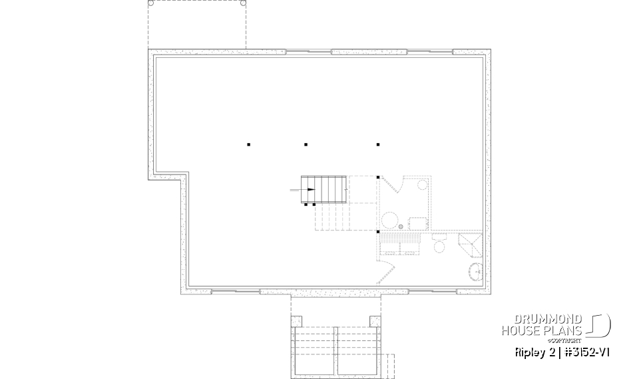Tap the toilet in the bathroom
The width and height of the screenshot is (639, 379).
[439, 247]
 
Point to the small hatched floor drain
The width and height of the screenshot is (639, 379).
[401, 227]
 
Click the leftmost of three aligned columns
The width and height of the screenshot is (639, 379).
[248, 144]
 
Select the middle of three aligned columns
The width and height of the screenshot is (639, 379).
[306, 144]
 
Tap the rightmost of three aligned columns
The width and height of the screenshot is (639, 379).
[377, 144]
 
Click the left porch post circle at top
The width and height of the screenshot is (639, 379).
[150, 3]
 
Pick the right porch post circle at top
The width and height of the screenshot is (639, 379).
[243, 3]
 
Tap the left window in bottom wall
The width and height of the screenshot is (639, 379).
[236, 291]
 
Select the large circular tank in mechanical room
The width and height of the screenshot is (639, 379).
[389, 219]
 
